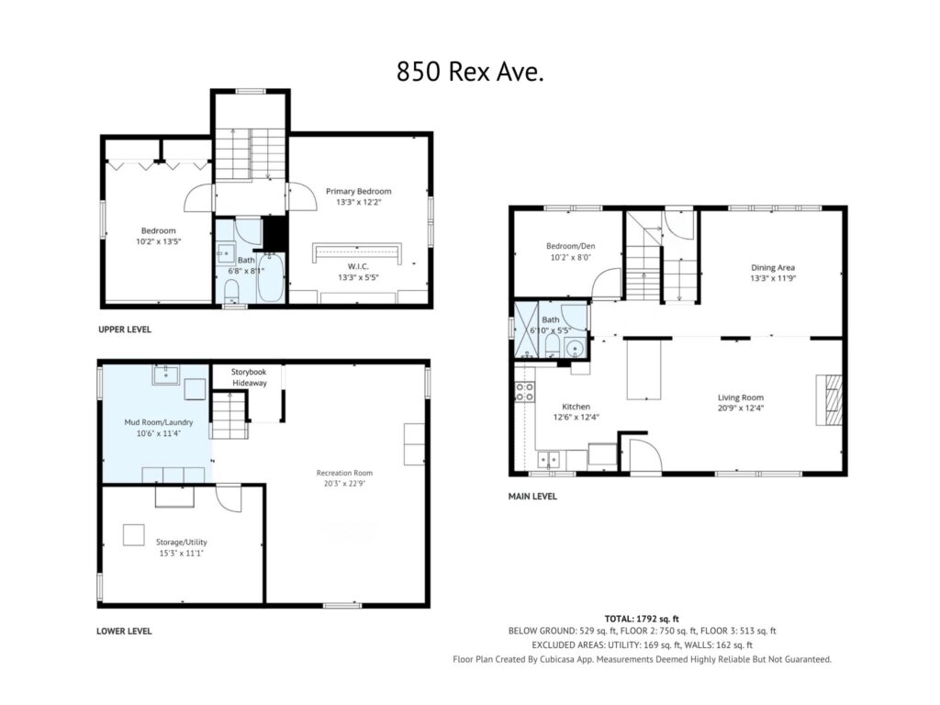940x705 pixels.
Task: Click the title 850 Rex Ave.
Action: pyautogui.click(x=470, y=72)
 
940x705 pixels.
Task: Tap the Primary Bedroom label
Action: pyautogui.click(x=359, y=191)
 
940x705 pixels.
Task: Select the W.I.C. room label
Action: pyautogui.click(x=358, y=266)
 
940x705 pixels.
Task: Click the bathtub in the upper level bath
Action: pyautogui.click(x=271, y=277)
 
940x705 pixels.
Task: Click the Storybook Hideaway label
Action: pyautogui.click(x=249, y=377)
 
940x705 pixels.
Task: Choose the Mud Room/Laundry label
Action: pyautogui.click(x=158, y=422)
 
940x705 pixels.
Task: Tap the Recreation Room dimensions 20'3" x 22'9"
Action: pyautogui.click(x=344, y=483)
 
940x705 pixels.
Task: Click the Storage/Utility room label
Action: pyautogui.click(x=181, y=542)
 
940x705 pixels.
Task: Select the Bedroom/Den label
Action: pyautogui.click(x=570, y=246)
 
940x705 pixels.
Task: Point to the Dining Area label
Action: pyautogui.click(x=773, y=267)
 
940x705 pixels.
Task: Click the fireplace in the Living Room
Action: pyautogui.click(x=829, y=400)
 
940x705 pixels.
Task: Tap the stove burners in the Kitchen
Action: pyautogui.click(x=524, y=392)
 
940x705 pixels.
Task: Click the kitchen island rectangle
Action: pyautogui.click(x=643, y=369)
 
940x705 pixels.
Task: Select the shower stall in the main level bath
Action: pyautogui.click(x=528, y=330)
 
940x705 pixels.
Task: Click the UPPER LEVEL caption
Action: pyautogui.click(x=125, y=330)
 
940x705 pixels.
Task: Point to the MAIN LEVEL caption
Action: pyautogui.click(x=532, y=497)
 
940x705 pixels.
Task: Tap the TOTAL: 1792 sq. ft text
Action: pyautogui.click(x=642, y=619)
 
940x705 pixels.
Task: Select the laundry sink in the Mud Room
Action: pyautogui.click(x=166, y=375)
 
